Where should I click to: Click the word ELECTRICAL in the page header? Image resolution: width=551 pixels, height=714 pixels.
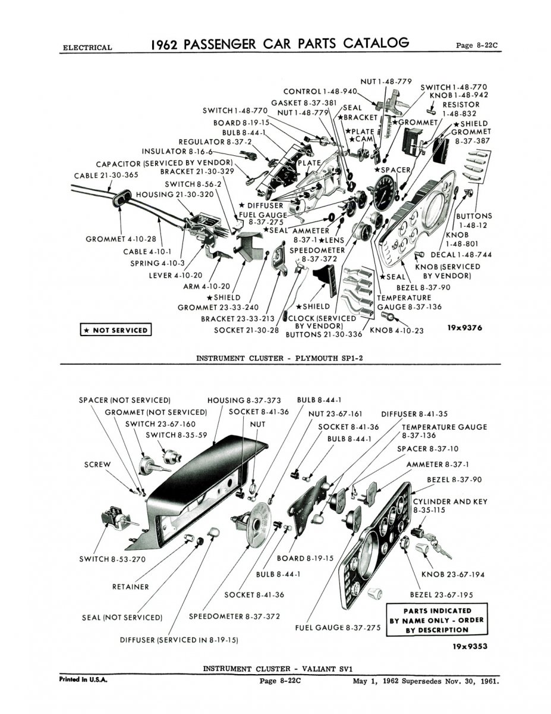coord(86,48)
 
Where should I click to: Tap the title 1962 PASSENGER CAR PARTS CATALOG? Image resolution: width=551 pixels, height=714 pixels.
coord(279,44)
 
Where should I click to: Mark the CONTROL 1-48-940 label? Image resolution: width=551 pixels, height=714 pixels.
coord(320,92)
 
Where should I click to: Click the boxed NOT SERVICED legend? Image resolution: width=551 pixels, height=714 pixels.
coord(115,330)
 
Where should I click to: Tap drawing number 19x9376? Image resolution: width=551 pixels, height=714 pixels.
coord(467,327)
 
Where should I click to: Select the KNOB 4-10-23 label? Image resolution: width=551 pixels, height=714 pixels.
coord(396,330)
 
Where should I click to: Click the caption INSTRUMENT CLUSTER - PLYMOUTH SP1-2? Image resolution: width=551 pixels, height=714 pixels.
coord(279,358)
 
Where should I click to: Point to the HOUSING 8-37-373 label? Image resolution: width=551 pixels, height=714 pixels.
coord(244,400)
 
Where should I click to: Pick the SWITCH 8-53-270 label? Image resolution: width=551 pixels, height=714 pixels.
coord(112,559)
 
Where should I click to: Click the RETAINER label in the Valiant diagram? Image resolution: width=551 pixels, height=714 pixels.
coord(130,587)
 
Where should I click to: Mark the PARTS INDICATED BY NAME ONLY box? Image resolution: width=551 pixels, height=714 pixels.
coord(436,620)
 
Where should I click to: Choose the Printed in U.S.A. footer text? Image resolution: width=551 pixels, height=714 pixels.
coord(83,679)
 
